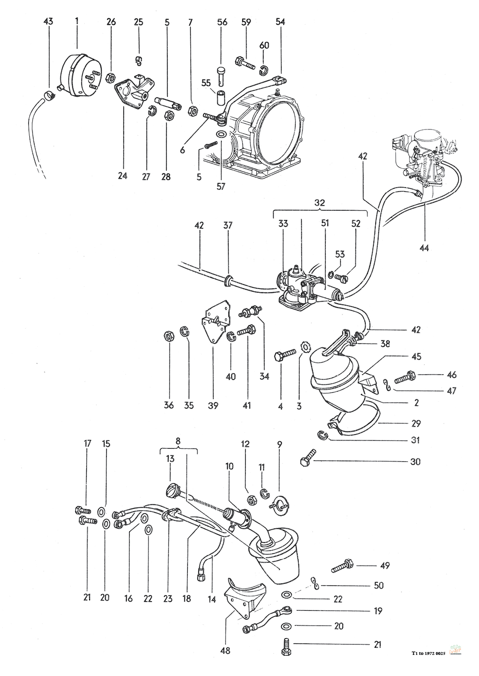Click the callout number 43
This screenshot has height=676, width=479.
click(x=48, y=22)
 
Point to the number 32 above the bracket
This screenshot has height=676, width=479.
click(x=319, y=203)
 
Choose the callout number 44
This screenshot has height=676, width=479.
click(x=424, y=248)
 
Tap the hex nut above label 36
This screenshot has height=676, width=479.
click(x=169, y=336)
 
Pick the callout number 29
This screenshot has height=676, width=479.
click(x=415, y=423)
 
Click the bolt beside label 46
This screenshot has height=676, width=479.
click(x=405, y=377)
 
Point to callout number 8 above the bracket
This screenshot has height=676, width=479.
click(x=178, y=440)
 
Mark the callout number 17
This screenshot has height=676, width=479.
click(x=87, y=444)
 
